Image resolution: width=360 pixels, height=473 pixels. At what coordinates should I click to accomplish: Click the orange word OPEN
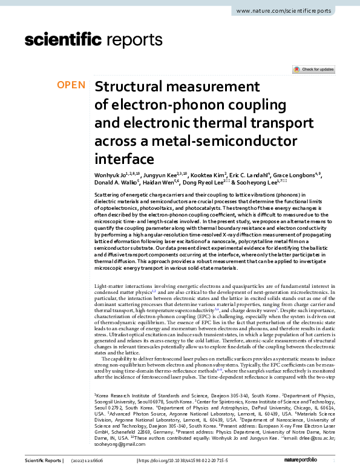click(x=71, y=85)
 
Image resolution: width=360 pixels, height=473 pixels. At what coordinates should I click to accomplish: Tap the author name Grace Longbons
click(x=296, y=175)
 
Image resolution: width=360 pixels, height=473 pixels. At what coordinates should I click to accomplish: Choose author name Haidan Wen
click(x=159, y=183)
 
